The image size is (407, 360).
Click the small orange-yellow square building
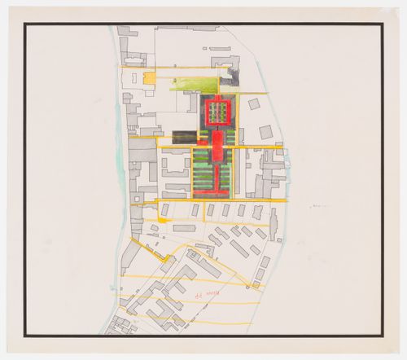(149, 78)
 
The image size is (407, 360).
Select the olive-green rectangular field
(195, 84)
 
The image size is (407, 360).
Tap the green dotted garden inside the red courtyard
(217, 112)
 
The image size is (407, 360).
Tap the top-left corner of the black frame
(25, 24)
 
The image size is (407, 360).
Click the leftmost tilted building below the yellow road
(165, 210)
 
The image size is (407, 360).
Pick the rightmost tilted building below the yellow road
(257, 212)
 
